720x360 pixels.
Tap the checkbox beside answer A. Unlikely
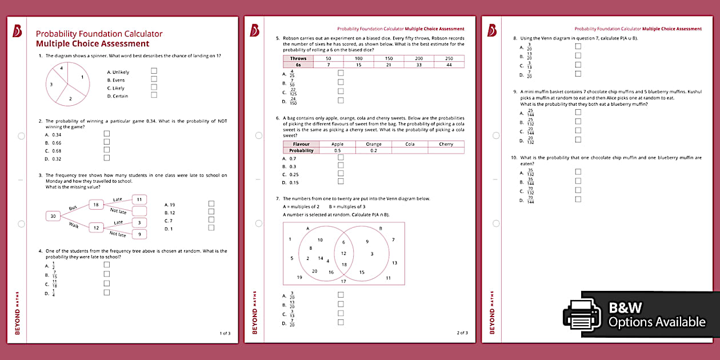tap(154, 71)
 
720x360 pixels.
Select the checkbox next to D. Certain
tap(154, 95)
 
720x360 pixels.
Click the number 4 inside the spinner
tap(61, 69)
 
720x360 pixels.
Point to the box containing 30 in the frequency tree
tap(53, 216)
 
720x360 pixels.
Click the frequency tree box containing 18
tap(96, 205)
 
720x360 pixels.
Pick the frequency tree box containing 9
tap(139, 234)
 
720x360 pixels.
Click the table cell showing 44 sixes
tap(449, 65)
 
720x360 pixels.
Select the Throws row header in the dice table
tap(298, 58)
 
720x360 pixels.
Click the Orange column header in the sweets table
tap(373, 144)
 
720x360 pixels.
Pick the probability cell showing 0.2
tap(373, 150)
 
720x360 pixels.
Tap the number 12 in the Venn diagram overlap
tap(344, 253)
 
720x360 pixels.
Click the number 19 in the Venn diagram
tap(299, 277)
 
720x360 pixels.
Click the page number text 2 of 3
tap(462, 333)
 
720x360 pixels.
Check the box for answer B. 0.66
tap(106, 142)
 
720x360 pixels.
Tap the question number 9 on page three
tap(515, 91)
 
